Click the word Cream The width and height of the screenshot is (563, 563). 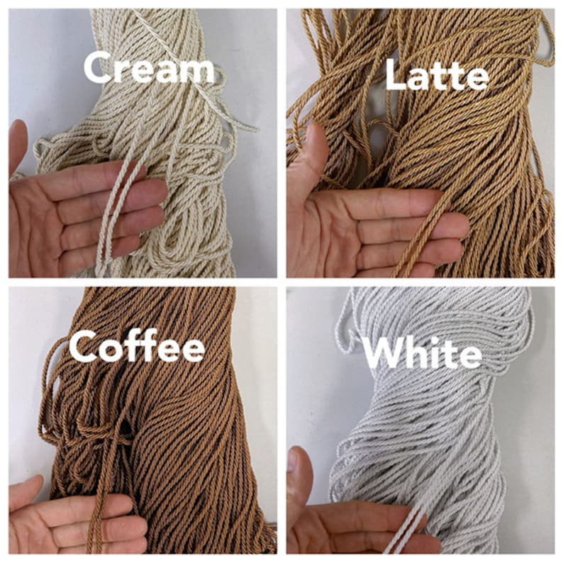coord(149,69)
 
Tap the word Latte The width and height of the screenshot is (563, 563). coord(436,76)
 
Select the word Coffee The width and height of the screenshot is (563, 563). coord(136,348)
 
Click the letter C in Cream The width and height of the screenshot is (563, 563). coord(99,69)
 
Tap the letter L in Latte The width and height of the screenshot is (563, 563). coord(394,76)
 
